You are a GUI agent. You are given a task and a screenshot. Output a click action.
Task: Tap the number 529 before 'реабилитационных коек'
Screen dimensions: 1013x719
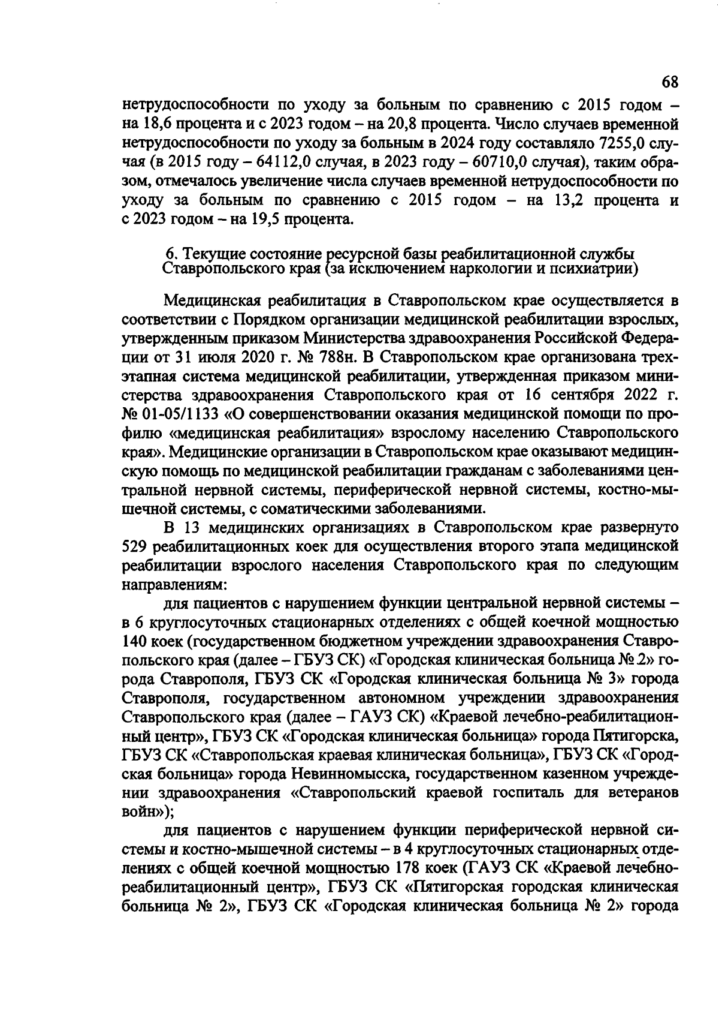(135, 546)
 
